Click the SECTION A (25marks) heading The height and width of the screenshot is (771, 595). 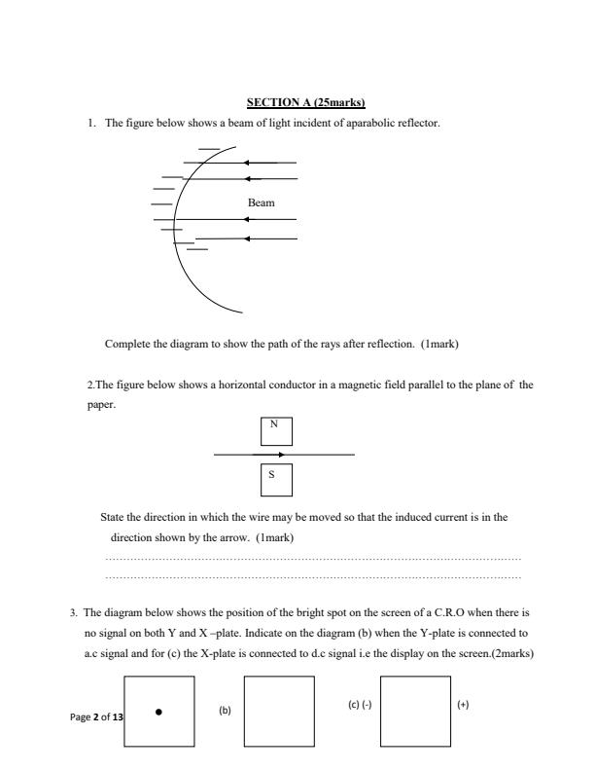point(297,103)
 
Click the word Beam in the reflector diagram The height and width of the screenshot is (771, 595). point(262,202)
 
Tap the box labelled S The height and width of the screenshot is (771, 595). point(276,479)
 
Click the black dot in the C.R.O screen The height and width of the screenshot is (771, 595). point(158,711)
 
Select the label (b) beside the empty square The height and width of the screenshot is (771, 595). point(224,711)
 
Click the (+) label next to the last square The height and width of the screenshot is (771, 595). point(463,703)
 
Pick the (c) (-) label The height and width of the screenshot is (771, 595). point(360,703)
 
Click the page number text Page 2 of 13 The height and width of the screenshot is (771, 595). point(96,717)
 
